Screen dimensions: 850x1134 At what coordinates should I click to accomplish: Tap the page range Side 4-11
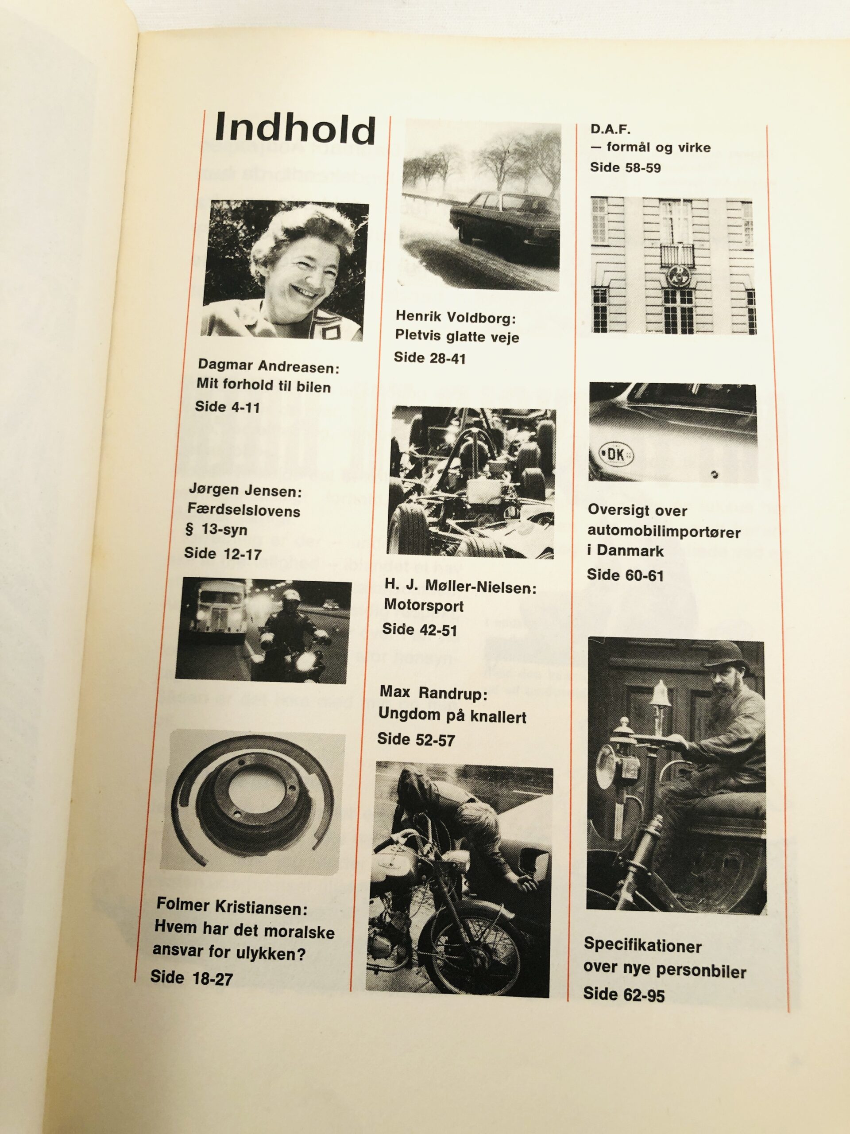pyautogui.click(x=228, y=408)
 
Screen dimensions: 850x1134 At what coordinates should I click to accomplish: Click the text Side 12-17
pyautogui.click(x=223, y=554)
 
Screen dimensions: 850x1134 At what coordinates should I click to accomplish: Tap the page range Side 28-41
pyautogui.click(x=430, y=358)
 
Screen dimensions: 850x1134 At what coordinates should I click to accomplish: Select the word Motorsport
pyautogui.click(x=424, y=606)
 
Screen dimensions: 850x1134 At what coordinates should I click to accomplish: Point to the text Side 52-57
pyautogui.click(x=416, y=739)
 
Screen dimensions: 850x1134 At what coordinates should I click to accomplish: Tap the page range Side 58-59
pyautogui.click(x=626, y=167)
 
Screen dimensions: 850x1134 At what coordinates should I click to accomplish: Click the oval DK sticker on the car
pyautogui.click(x=616, y=455)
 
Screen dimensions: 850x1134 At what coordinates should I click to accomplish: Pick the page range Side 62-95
pyautogui.click(x=624, y=995)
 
